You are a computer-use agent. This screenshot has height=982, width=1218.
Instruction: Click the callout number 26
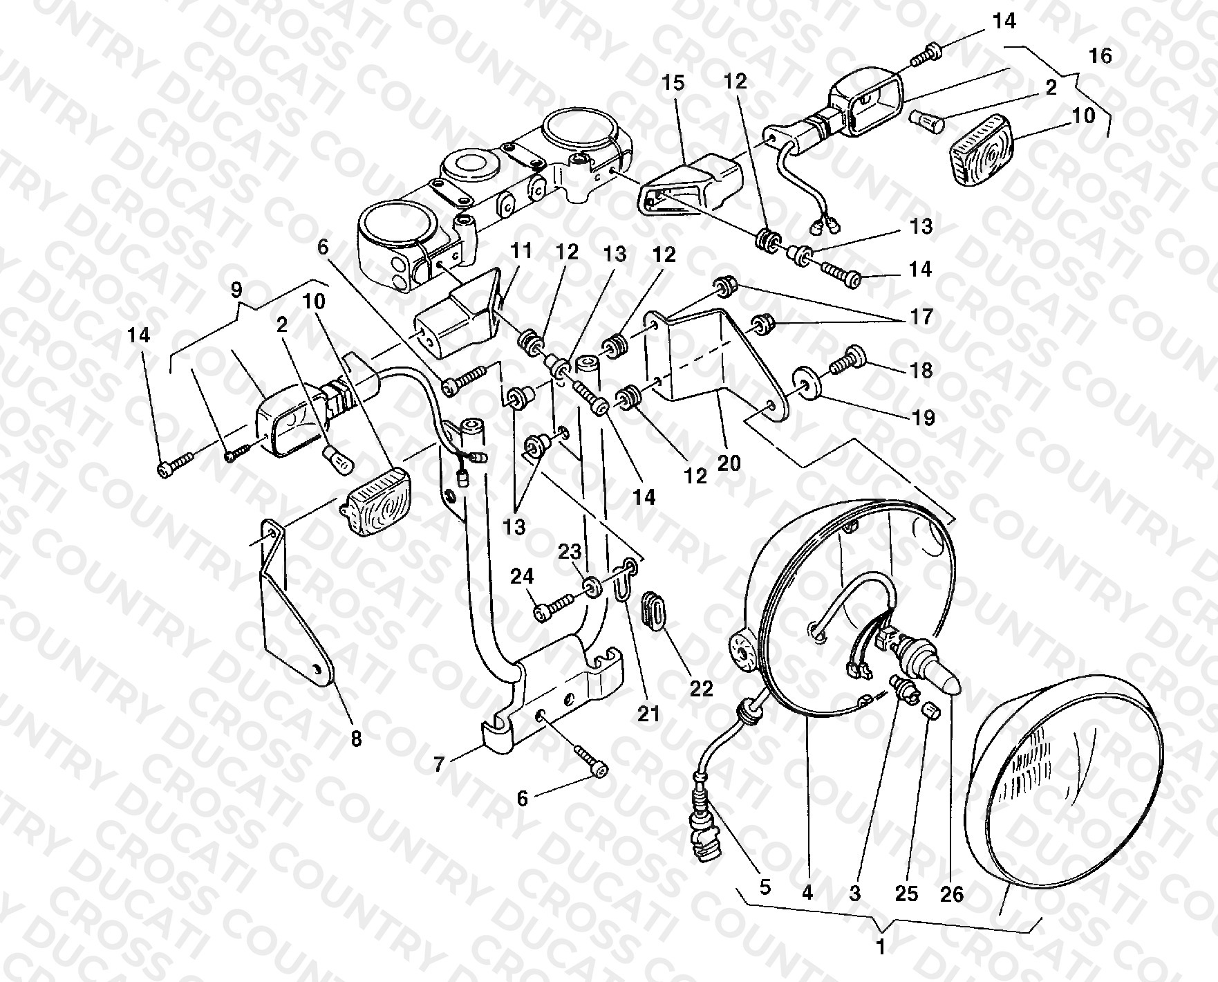click(x=952, y=894)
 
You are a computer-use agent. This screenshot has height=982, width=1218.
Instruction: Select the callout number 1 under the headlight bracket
click(x=881, y=947)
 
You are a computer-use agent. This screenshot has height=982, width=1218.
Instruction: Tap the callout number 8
click(x=356, y=739)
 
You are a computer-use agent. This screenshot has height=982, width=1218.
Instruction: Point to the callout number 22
click(x=701, y=689)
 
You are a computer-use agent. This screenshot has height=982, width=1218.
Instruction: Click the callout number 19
click(x=923, y=418)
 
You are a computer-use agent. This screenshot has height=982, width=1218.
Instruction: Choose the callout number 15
click(x=673, y=83)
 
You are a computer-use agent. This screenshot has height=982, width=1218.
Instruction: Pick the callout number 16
click(x=1100, y=55)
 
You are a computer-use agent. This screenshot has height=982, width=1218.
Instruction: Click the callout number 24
click(x=523, y=576)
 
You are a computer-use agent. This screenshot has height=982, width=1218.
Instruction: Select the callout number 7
click(x=439, y=765)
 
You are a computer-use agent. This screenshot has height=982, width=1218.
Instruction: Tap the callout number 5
click(x=765, y=887)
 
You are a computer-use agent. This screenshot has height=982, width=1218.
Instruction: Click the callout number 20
click(x=729, y=461)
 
